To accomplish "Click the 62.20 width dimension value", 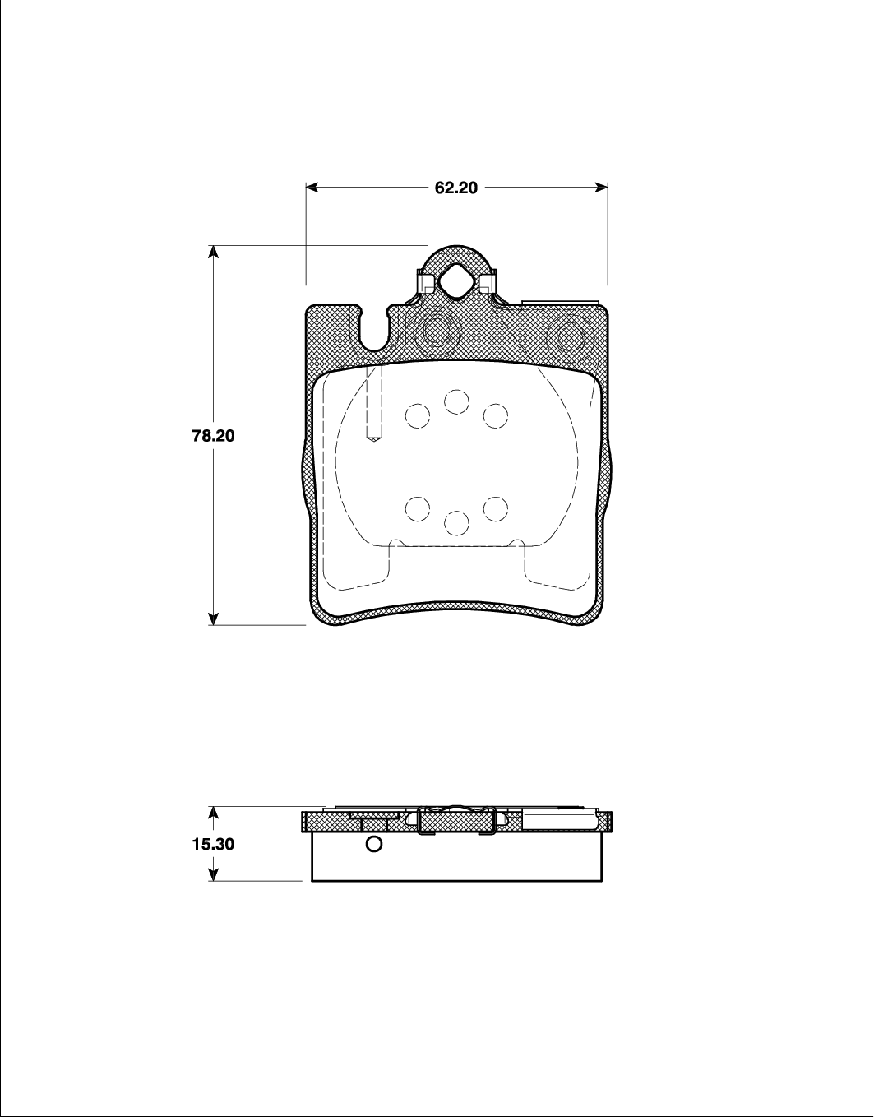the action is [456, 188].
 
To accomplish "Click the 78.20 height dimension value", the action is [213, 436].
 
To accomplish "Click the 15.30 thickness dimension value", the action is [213, 844].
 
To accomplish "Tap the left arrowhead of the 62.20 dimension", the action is [312, 188].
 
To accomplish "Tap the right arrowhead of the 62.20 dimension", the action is [601, 188].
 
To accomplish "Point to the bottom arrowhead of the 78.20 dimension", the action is [214, 619].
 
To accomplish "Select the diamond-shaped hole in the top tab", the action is [457, 280].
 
